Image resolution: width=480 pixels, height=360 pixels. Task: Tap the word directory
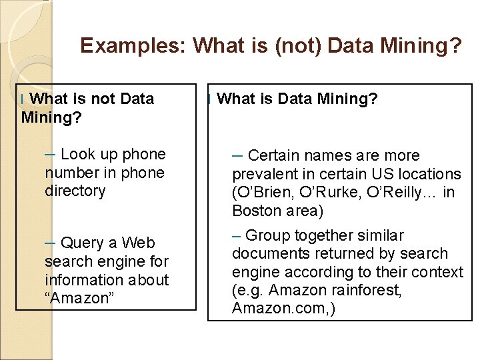click(x=75, y=191)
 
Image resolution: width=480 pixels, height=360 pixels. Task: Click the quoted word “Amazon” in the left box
click(x=80, y=298)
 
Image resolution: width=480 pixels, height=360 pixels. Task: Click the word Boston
click(x=254, y=211)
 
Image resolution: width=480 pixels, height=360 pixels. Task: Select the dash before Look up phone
click(x=51, y=155)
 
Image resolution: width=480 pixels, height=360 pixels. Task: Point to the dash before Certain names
click(x=237, y=156)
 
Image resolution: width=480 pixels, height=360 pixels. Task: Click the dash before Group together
click(x=237, y=235)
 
